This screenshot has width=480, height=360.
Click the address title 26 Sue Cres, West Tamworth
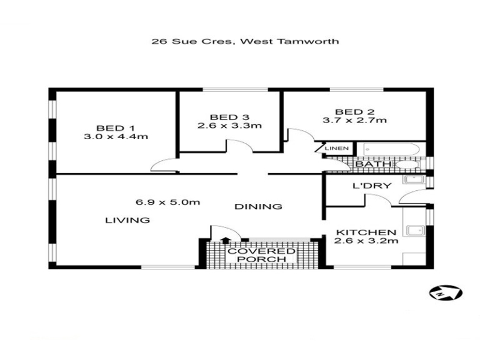tap(245, 41)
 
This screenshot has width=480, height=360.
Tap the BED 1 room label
tap(115, 128)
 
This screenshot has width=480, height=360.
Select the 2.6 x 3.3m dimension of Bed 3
tap(230, 125)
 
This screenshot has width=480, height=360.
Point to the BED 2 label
tap(355, 112)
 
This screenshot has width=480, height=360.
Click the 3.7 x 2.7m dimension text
tap(355, 121)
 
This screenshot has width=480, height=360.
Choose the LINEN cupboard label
tap(337, 148)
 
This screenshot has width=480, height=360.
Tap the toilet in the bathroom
tap(409, 164)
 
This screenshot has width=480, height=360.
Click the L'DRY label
tap(372, 186)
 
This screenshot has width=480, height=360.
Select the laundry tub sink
tap(414, 179)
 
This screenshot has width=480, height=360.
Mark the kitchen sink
tap(416, 230)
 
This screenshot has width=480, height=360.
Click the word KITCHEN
tap(366, 233)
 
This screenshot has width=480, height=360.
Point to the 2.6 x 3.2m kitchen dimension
tap(366, 241)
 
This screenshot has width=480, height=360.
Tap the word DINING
tap(258, 206)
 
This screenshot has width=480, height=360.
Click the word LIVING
tap(127, 220)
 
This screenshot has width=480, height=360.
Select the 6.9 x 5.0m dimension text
tap(168, 202)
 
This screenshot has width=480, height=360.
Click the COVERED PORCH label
tap(262, 256)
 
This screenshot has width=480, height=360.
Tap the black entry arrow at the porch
tap(226, 241)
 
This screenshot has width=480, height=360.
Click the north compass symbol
tap(445, 293)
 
